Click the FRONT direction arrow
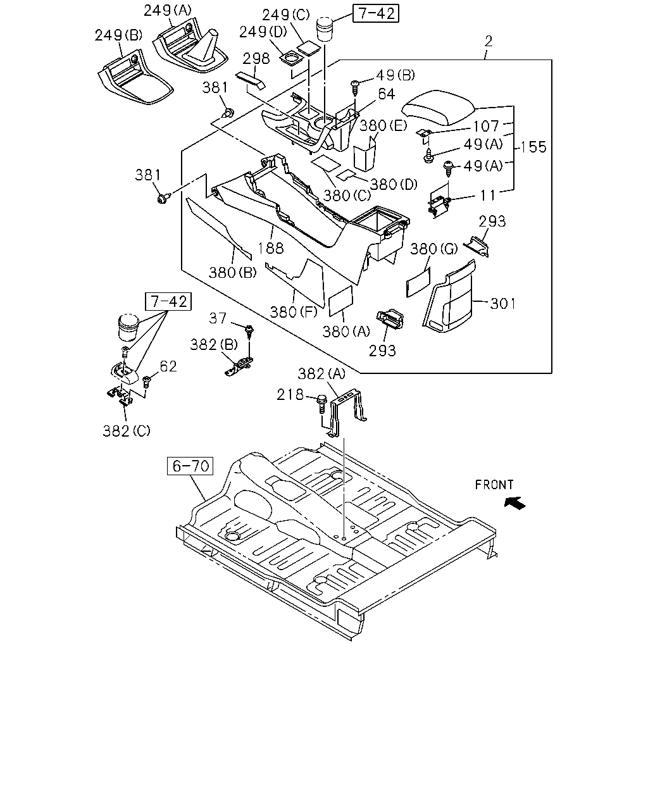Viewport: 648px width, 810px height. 514,503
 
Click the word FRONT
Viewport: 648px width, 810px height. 494,485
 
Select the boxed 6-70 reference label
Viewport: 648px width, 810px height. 190,466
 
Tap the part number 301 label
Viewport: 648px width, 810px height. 502,304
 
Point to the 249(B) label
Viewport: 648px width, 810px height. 118,35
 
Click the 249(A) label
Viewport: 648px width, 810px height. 168,11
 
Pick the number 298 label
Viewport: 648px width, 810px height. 256,59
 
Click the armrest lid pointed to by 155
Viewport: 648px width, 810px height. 438,108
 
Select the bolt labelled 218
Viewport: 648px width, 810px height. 322,404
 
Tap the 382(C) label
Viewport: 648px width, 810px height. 127,431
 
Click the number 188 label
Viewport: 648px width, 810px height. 271,248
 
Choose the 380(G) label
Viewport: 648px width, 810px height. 433,249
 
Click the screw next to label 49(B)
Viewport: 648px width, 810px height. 354,87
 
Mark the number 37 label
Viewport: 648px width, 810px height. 218,318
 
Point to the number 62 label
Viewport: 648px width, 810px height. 168,366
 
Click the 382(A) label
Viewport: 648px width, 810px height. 321,374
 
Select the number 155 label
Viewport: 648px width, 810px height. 533,147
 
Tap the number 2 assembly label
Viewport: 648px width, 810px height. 489,41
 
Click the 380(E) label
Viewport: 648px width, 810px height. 383,126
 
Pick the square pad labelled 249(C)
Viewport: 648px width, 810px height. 309,49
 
